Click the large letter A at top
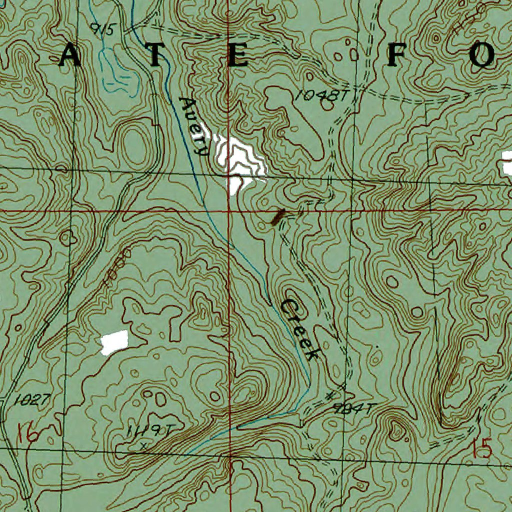point(69,56)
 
